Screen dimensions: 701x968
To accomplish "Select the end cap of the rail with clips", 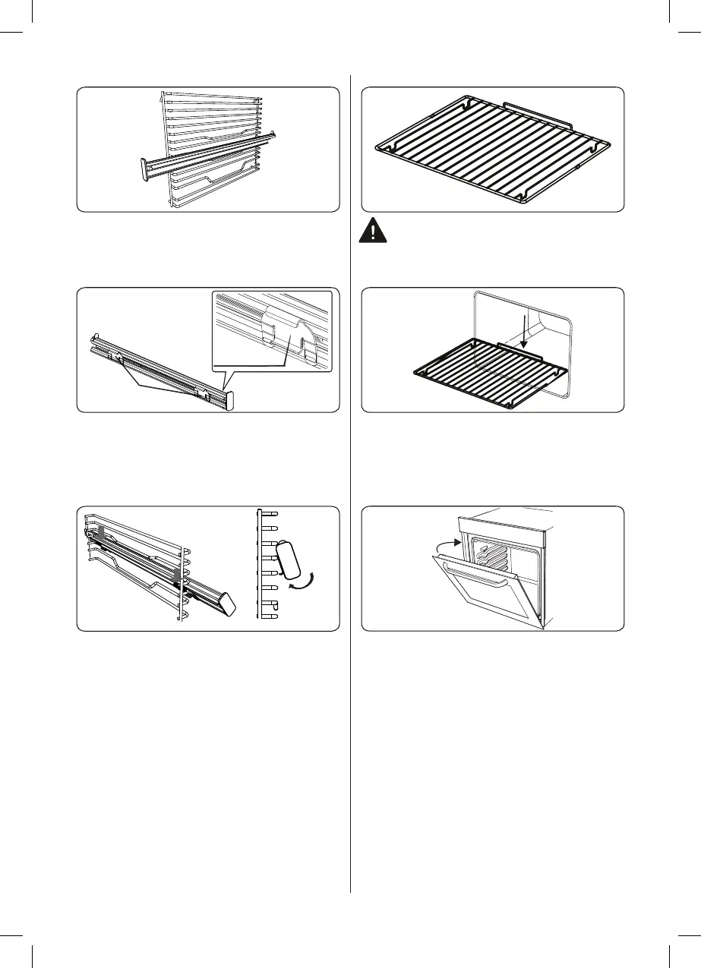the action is point(230,399).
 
